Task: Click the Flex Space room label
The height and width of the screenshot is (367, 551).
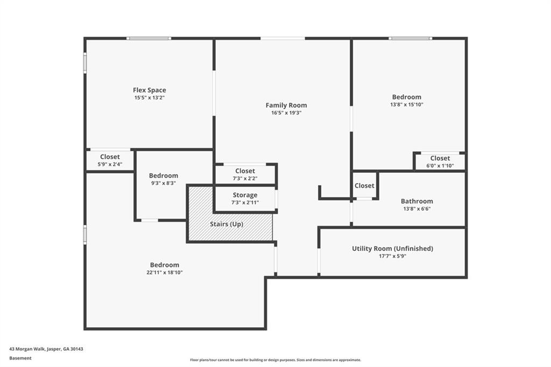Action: pyautogui.click(x=150, y=90)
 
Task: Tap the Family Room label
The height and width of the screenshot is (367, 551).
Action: pyautogui.click(x=286, y=105)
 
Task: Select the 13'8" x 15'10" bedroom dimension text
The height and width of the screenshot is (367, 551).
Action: pyautogui.click(x=406, y=104)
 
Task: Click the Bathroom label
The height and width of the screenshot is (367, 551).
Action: pyautogui.click(x=417, y=201)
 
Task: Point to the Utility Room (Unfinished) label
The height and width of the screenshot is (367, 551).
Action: pyautogui.click(x=392, y=249)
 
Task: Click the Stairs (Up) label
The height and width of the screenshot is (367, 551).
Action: pyautogui.click(x=226, y=224)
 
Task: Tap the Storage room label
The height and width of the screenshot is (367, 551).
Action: pyautogui.click(x=245, y=195)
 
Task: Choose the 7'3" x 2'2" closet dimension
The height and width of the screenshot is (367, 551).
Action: pyautogui.click(x=245, y=179)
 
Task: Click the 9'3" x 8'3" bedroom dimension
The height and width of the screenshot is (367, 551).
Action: pyautogui.click(x=163, y=183)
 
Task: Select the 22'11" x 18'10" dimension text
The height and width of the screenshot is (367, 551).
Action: pyautogui.click(x=164, y=272)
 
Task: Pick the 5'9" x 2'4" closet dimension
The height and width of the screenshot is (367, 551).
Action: pyautogui.click(x=110, y=164)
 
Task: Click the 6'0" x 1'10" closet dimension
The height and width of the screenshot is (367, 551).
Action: pyautogui.click(x=440, y=166)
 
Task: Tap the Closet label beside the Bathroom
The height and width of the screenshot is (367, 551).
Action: pyautogui.click(x=364, y=186)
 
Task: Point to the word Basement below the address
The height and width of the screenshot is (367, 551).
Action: pyautogui.click(x=20, y=358)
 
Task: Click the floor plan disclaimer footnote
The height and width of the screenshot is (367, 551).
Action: pyautogui.click(x=275, y=360)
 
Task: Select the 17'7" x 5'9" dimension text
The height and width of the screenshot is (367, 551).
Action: pyautogui.click(x=392, y=256)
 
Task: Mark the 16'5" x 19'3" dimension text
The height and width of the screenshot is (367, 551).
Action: pyautogui.click(x=286, y=113)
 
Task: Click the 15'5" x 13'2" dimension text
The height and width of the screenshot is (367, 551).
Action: pyautogui.click(x=150, y=98)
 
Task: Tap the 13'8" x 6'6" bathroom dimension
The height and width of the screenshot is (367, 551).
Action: pyautogui.click(x=417, y=209)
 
